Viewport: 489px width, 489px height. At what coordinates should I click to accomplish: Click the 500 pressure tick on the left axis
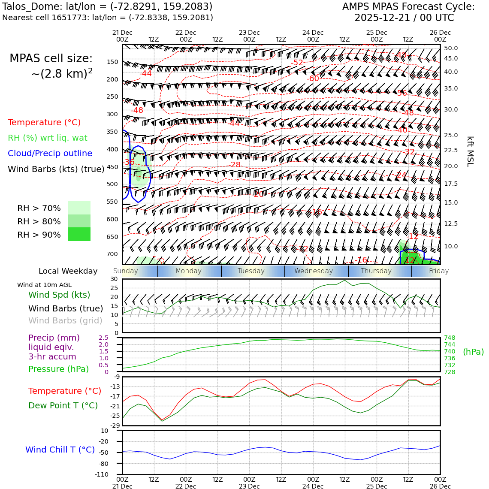coord(112,184)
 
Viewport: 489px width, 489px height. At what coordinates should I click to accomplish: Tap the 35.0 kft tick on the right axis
coord(451,89)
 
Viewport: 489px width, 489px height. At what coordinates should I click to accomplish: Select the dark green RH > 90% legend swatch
coord(79,234)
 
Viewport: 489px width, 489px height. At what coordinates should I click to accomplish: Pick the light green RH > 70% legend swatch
coord(79,208)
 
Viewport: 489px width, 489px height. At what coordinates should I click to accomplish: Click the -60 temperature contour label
coord(313,78)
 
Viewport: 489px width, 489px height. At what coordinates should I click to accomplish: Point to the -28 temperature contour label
coord(235,165)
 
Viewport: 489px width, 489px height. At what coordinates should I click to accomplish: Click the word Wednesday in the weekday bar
coord(314,271)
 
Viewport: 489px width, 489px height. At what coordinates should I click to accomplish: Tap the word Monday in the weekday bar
coord(188,271)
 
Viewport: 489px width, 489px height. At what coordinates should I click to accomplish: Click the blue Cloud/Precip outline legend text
coord(50,154)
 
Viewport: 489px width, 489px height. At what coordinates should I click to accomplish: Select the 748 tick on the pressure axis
coord(449,338)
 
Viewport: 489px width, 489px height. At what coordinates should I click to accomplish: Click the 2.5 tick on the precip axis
coord(103,338)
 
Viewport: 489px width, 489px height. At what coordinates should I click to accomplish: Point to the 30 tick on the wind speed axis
coord(114,279)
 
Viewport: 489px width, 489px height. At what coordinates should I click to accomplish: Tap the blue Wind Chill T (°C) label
coord(60,450)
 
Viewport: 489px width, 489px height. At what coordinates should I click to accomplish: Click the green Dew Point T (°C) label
coord(63,405)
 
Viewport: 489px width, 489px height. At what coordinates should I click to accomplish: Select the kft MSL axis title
coord(470,151)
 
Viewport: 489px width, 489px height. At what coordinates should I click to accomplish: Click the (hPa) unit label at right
coord(473,352)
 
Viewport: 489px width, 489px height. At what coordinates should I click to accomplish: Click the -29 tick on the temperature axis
coord(115,426)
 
